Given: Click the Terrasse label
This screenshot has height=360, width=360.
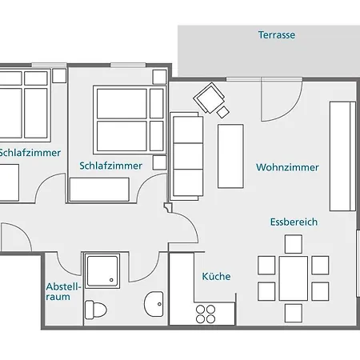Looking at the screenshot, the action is point(277,35).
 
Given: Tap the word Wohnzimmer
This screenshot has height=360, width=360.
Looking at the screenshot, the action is point(287,167).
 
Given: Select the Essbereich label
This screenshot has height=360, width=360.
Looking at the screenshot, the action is point(294,222).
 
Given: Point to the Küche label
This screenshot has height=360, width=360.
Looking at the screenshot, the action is point(216,276).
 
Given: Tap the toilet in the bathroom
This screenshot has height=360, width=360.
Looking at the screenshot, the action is point(96,310).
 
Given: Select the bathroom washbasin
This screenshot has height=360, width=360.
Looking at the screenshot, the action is point(154,304).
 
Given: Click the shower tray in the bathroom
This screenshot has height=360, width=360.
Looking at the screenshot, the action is point(102,271).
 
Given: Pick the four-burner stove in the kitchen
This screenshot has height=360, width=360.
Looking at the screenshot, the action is point(206,314).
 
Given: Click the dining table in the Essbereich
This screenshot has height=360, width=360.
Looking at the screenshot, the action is point(294,278).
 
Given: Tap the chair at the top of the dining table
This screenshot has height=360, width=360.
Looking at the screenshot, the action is point(294,244).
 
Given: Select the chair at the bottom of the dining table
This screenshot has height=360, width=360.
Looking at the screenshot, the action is point(294,314).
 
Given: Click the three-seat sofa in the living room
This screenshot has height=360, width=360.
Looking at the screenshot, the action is point(186,156).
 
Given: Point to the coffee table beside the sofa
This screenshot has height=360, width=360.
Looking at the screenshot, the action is point(230,156).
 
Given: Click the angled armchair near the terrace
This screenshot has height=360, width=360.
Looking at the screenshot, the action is point(209,98).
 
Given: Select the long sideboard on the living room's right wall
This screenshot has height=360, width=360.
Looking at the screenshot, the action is point(342,156).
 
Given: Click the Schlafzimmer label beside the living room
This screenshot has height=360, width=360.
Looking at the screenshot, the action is point(110,166).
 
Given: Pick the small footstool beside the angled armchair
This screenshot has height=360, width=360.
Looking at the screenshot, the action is point(222,112).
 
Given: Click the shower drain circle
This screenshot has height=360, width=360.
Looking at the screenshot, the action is point(111,280).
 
